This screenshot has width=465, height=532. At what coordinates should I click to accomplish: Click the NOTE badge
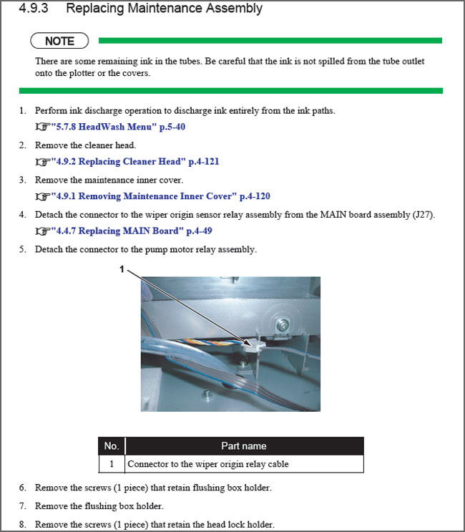tap(59, 41)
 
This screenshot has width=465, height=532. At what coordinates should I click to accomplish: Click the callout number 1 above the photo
tap(122, 269)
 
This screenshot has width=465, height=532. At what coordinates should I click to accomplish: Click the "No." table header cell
tap(111, 446)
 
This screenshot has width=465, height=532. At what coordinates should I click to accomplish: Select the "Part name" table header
tap(243, 446)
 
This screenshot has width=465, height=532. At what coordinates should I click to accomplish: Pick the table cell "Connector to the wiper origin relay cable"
tap(208, 464)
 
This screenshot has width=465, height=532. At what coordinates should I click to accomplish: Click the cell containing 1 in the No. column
tap(111, 464)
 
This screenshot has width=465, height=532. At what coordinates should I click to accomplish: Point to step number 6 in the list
tap(22, 488)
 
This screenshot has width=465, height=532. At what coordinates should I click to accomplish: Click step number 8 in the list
tap(22, 524)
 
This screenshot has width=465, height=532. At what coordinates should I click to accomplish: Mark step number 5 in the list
tap(22, 249)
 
